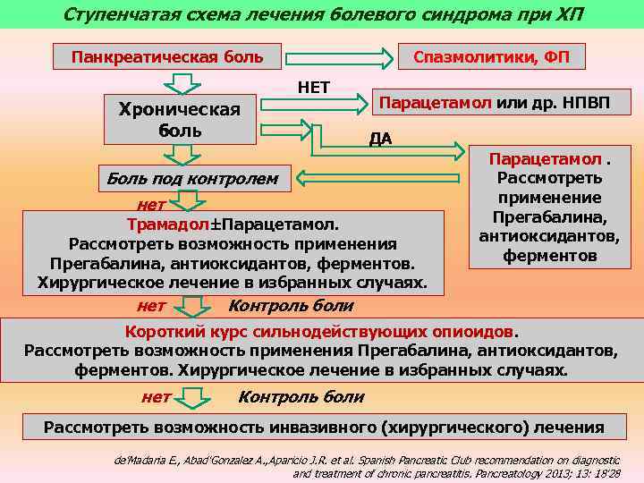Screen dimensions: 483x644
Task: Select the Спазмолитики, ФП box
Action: pyautogui.click(x=487, y=58)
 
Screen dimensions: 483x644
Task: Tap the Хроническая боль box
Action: pyautogui.click(x=180, y=120)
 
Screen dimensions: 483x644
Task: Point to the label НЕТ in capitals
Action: pyautogui.click(x=313, y=87)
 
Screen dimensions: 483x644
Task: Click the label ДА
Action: pyautogui.click(x=381, y=139)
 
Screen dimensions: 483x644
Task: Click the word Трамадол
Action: pyautogui.click(x=160, y=223)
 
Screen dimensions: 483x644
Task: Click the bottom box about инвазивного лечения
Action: pyautogui.click(x=323, y=428)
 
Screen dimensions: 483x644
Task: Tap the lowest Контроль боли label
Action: pyautogui.click(x=301, y=396)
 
